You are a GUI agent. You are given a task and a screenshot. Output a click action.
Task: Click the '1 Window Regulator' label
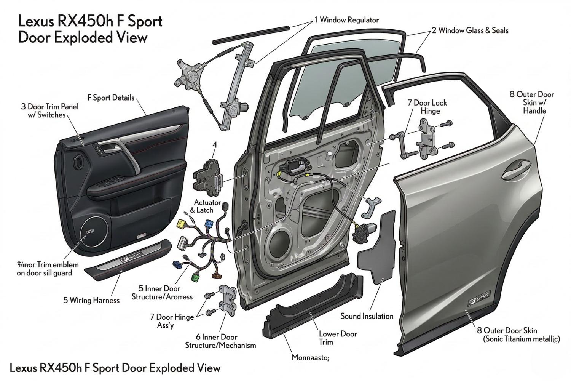[x=346, y=20]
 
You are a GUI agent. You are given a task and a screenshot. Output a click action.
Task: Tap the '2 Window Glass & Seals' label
[x=470, y=30]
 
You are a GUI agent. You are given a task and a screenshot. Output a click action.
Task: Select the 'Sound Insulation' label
[x=367, y=316]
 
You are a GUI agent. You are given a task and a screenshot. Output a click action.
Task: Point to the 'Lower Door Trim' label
[x=338, y=338]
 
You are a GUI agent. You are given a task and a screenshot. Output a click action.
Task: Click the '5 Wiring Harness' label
[x=91, y=300]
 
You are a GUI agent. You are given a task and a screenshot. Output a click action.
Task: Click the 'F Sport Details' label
[x=111, y=98]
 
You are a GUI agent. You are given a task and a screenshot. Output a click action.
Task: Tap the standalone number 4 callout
[x=215, y=145]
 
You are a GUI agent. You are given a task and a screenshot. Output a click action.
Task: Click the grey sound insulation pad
[x=379, y=251]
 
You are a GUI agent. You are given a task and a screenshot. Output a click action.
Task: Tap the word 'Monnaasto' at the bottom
[x=310, y=357]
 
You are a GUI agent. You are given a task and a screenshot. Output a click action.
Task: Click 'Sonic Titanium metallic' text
[x=521, y=339]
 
